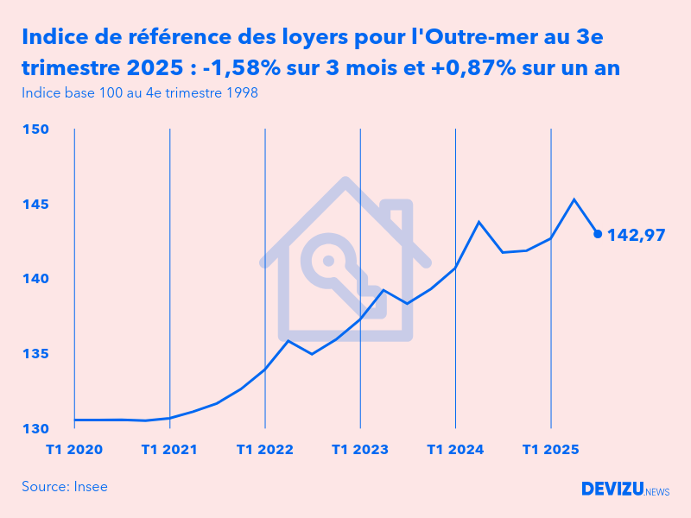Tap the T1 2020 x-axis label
[74, 450]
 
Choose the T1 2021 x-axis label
[169, 450]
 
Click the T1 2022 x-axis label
[264, 450]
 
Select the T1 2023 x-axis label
[359, 450]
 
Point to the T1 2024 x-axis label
[455, 450]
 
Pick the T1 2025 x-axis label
[550, 450]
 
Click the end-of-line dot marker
[598, 233]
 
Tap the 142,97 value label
[636, 234]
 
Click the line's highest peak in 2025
[574, 199]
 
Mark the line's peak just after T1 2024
[479, 222]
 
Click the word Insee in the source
[91, 487]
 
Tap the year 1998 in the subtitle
[240, 92]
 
